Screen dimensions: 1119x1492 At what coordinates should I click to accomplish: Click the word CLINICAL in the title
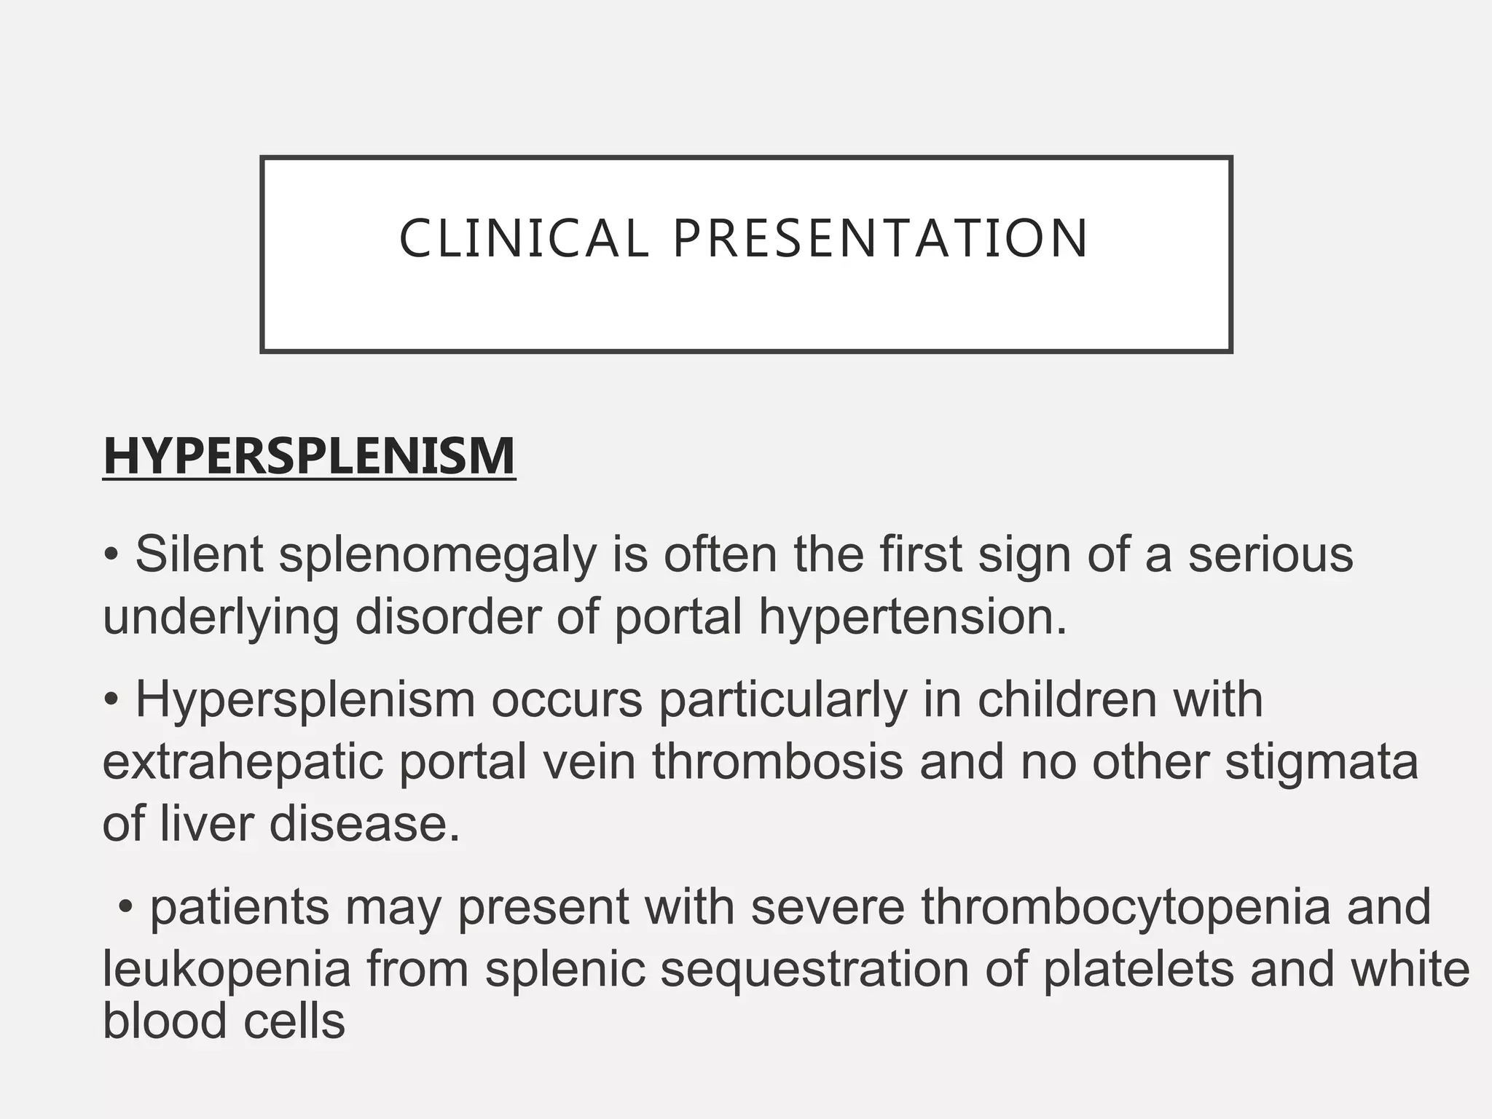click(523, 239)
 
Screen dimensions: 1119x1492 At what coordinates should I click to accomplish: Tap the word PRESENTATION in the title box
click(880, 239)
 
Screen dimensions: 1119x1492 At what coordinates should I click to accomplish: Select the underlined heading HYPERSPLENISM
click(310, 456)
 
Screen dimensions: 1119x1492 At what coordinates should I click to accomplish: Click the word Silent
click(199, 554)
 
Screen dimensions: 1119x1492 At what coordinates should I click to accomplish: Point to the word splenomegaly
click(437, 556)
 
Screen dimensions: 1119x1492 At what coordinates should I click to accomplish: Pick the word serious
click(1271, 554)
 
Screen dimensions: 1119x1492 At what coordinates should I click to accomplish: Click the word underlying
click(221, 618)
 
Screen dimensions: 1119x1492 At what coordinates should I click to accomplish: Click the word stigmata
click(1322, 763)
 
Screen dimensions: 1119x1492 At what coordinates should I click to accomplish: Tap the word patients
click(240, 908)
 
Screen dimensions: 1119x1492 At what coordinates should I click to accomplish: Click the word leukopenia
click(227, 970)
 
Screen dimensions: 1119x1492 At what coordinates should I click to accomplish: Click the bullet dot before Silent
click(111, 556)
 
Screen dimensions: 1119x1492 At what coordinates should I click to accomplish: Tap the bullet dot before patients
click(126, 908)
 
